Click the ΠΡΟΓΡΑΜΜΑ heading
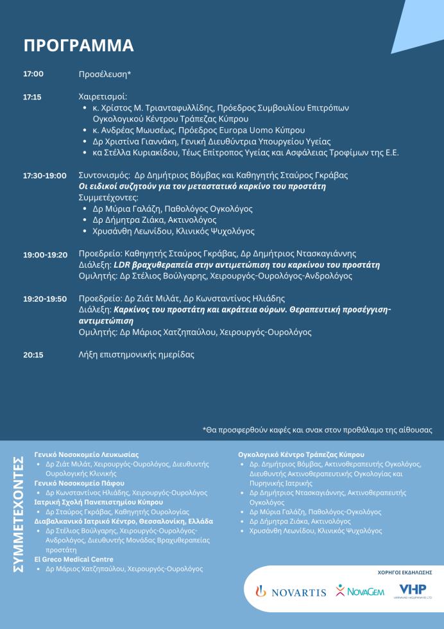tap(78, 46)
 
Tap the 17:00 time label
tap(33, 74)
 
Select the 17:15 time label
tap(32, 97)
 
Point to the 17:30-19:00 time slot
tap(45, 175)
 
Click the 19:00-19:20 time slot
tap(45, 254)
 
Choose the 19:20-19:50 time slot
tap(45, 298)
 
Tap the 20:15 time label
tap(33, 354)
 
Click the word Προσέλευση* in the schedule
tap(105, 74)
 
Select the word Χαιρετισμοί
tap(103, 97)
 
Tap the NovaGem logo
tap(360, 590)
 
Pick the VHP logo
tap(412, 590)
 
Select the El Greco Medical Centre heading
tap(74, 559)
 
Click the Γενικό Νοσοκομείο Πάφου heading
tap(79, 483)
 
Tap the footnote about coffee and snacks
tap(317, 429)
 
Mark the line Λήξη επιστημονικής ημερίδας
tap(136, 354)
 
